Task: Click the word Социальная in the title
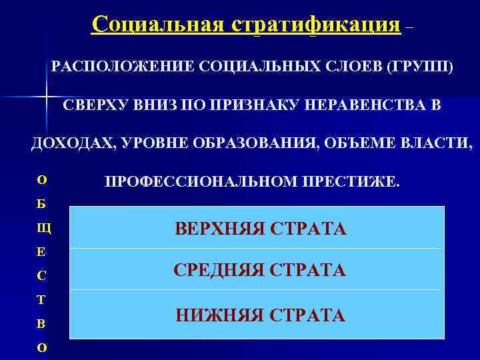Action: (x=159, y=25)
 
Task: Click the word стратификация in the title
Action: (x=317, y=25)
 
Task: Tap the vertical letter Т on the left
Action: (x=41, y=300)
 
